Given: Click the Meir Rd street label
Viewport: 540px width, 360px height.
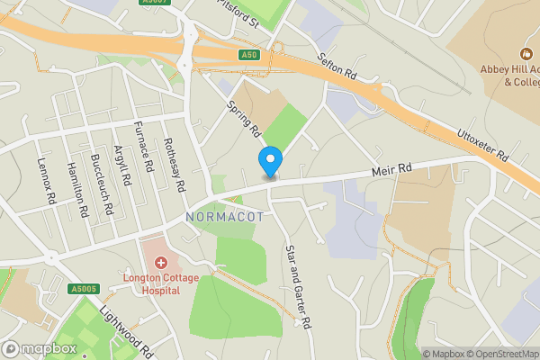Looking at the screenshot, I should pyautogui.click(x=391, y=169).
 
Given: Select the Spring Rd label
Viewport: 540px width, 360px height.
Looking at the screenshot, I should pyautogui.click(x=244, y=118).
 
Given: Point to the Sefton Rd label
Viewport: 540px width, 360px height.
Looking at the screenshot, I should pyautogui.click(x=339, y=66).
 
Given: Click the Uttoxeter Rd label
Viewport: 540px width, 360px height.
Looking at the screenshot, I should pyautogui.click(x=483, y=143).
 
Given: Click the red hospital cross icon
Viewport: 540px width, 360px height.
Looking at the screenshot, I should pyautogui.click(x=161, y=262).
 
